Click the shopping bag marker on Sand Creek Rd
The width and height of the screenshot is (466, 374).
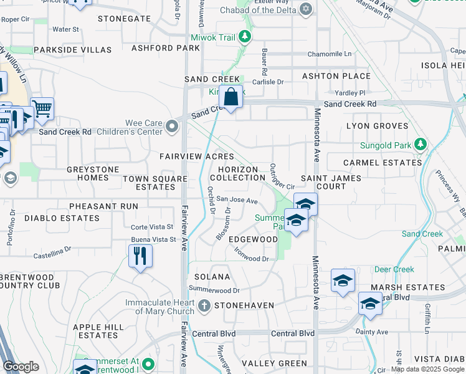point(231,97)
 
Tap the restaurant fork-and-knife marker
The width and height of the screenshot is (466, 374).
point(140,256)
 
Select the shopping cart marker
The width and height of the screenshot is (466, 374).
point(42,109)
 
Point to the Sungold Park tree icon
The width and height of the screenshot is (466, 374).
point(421,145)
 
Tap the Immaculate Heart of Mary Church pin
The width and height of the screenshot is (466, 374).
point(205,306)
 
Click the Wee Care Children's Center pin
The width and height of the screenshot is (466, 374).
point(172,127)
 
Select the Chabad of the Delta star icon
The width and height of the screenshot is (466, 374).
point(305,9)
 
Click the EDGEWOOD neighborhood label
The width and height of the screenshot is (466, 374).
point(253,239)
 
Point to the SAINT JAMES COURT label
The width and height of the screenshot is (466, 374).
point(323,182)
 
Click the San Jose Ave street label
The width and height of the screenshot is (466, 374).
point(237,201)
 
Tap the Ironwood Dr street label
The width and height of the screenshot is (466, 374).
point(252,254)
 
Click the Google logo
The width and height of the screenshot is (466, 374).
point(21,367)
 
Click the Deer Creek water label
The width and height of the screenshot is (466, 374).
point(394,269)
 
